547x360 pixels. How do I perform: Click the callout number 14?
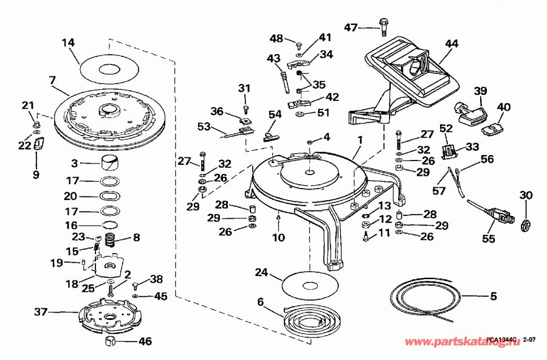click(68, 43)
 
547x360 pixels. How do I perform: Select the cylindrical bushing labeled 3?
click(110, 163)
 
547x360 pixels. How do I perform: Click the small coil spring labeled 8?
click(110, 240)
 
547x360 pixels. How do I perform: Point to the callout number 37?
click(41, 312)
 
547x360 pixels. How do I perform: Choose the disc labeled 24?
click(310, 285)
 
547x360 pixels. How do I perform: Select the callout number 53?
click(204, 126)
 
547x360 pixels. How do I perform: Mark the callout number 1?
click(360, 139)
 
